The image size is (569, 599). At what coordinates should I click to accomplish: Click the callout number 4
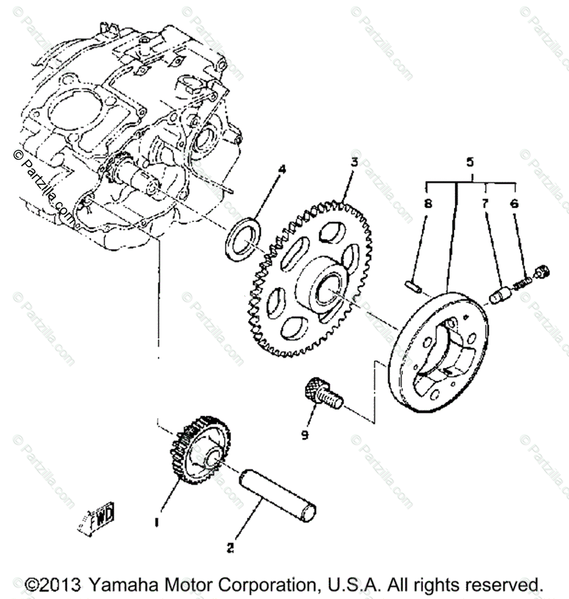click(282, 170)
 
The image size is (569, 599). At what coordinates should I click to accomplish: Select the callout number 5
click(470, 162)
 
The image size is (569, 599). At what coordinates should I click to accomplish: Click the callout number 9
click(304, 435)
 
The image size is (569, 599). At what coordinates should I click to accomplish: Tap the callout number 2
click(230, 548)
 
